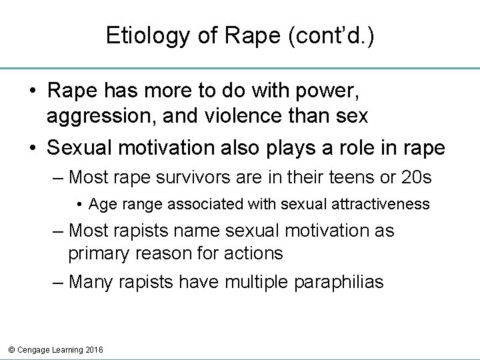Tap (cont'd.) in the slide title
(x=331, y=36)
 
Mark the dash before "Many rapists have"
(x=59, y=282)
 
